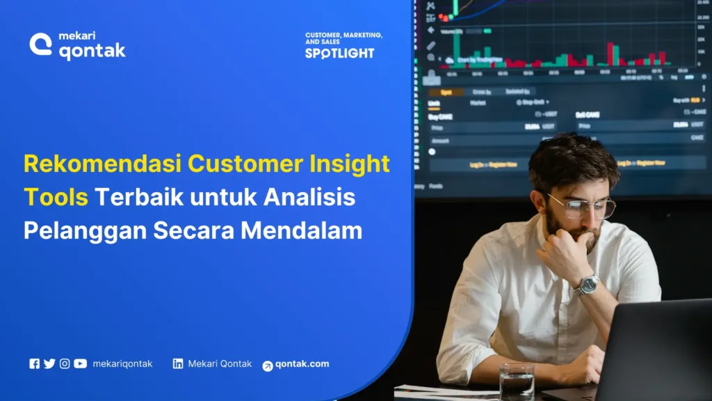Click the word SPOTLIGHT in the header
coord(339,53)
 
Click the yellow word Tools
coord(56,198)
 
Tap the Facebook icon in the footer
coord(34,363)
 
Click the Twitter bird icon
coord(49,363)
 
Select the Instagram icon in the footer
coord(65,363)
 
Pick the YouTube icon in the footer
coord(81,363)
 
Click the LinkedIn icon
coord(178,363)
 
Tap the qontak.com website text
coord(302,364)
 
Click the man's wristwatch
coord(588,283)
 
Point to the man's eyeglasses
coord(583,206)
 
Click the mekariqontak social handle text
coord(122,363)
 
